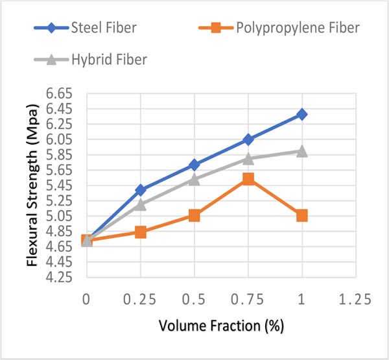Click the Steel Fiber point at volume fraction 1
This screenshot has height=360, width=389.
[x=301, y=114]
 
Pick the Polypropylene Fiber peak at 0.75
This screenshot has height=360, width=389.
[x=248, y=179]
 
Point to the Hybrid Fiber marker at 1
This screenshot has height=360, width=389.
[x=301, y=151]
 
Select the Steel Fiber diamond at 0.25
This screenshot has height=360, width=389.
[x=140, y=190]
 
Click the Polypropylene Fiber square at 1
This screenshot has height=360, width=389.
[x=301, y=215]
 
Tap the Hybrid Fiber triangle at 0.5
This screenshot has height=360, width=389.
[x=194, y=179]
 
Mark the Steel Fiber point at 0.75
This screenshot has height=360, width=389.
[x=248, y=139]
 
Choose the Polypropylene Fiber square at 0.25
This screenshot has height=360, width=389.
[x=140, y=232]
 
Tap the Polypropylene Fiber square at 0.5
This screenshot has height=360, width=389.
[x=194, y=215]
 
